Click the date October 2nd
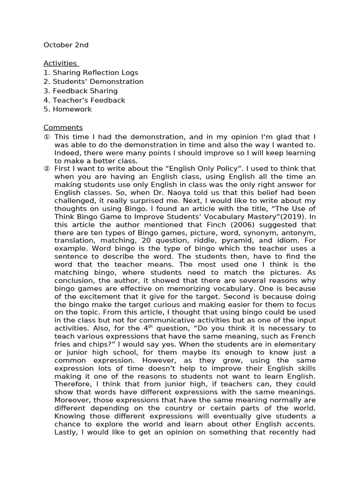pyautogui.click(x=66, y=45)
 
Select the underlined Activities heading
pyautogui.click(x=60, y=63)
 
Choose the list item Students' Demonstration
pyautogui.click(x=93, y=82)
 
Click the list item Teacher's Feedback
pyautogui.click(x=84, y=100)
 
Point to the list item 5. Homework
pyautogui.click(x=67, y=109)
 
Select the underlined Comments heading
pyautogui.click(x=63, y=127)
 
